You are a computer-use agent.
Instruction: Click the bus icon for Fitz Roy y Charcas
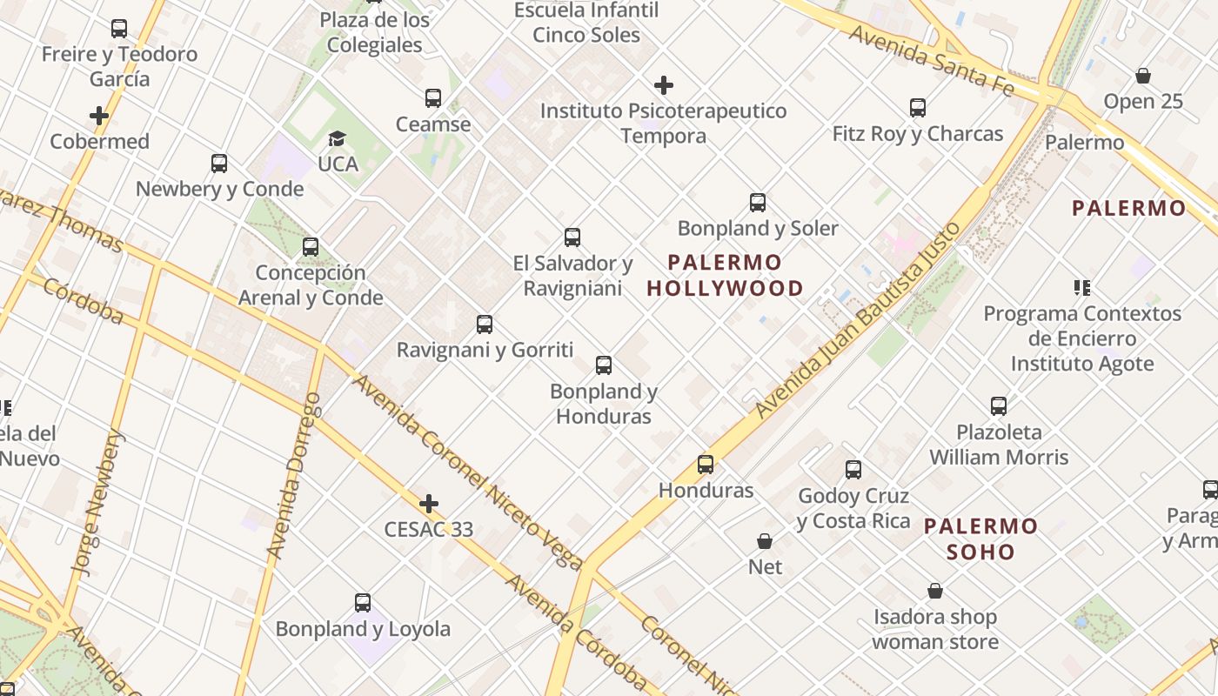918,108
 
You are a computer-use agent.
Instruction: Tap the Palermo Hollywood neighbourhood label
726,275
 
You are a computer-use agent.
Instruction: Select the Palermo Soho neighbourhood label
980,539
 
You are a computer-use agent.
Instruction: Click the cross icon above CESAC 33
429,504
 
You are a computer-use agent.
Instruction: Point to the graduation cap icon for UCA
337,138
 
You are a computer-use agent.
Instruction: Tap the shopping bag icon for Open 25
1143,76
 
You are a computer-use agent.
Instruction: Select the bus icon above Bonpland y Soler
758,203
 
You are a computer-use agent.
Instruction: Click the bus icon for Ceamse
433,98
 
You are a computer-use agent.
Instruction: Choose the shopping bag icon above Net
765,541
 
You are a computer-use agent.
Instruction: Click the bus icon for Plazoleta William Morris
999,405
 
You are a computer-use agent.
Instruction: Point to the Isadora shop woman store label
935,630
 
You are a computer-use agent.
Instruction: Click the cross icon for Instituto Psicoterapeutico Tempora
664,85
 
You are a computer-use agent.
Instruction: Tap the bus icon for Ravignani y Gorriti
485,325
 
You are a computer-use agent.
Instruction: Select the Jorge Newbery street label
97,505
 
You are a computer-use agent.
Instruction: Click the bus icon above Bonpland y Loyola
363,603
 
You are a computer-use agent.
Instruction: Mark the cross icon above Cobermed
99,115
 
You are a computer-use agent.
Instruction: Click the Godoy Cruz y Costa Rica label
853,509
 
